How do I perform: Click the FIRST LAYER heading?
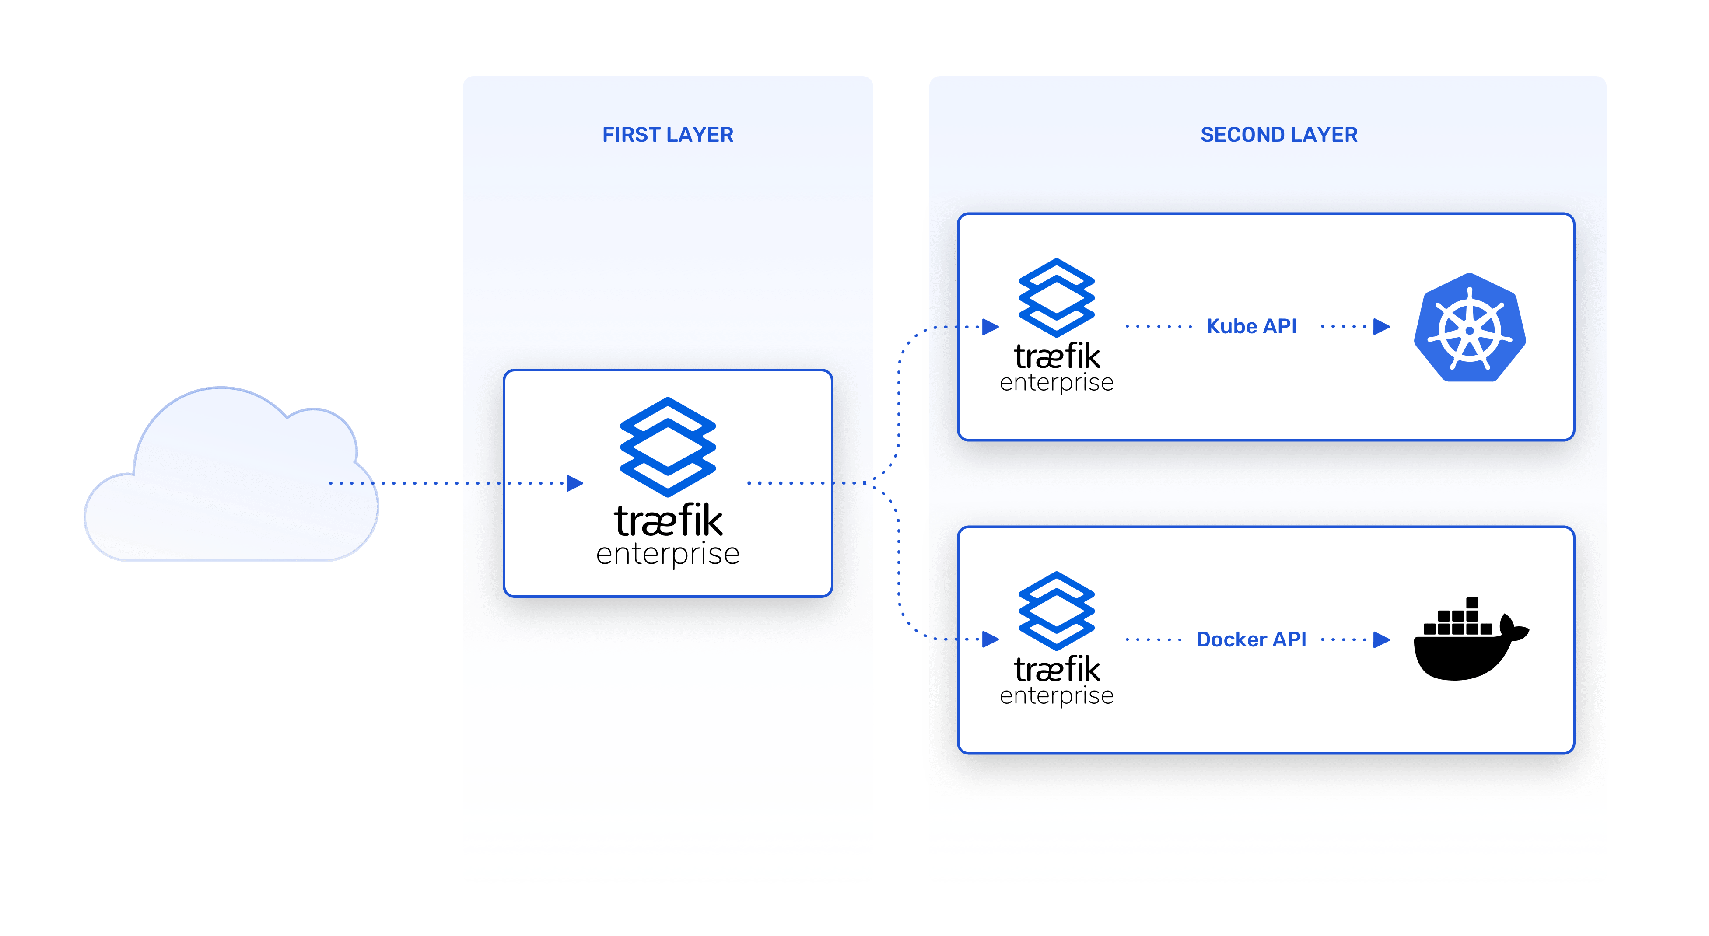pos(667,135)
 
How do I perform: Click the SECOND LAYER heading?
pos(1278,135)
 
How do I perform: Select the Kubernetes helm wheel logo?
pos(1470,328)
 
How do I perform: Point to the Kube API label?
pos(1251,326)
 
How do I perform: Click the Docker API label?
pos(1251,639)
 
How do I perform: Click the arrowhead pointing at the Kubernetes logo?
pos(1382,326)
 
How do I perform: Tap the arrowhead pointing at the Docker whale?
pos(1382,639)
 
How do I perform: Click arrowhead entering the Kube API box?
pos(991,326)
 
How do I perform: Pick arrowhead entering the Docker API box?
pos(991,639)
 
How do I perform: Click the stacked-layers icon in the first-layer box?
pos(667,447)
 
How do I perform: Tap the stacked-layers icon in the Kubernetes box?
pos(1056,297)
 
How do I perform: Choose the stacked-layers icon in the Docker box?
pos(1056,610)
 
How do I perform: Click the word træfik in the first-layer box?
pos(667,521)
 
